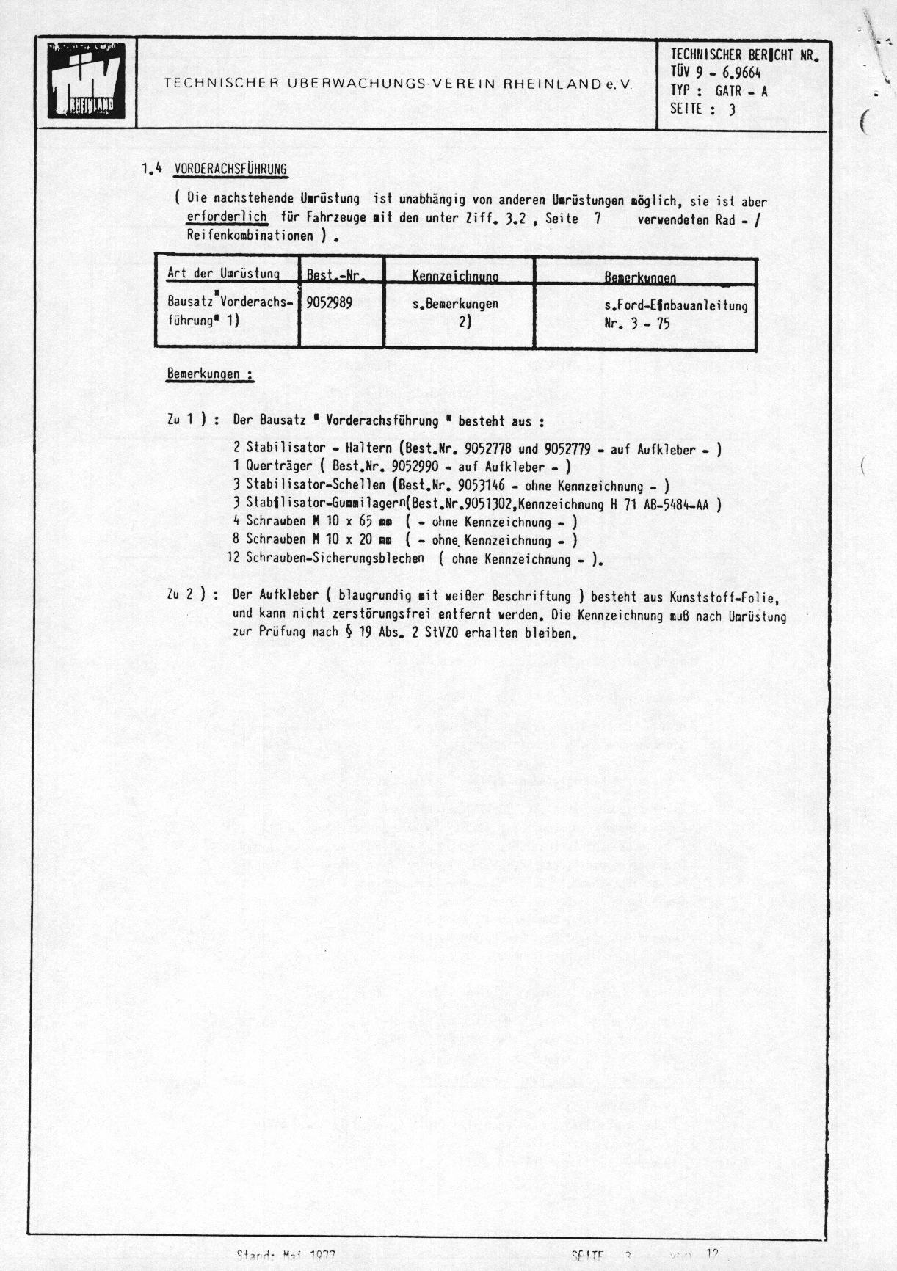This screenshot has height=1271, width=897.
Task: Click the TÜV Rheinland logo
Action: [86, 81]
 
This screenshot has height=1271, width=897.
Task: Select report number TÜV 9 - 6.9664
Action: [716, 73]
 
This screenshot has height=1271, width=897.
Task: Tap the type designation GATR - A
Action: [741, 91]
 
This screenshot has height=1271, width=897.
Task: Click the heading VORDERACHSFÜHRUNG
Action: [230, 170]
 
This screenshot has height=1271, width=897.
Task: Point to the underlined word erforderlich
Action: [227, 218]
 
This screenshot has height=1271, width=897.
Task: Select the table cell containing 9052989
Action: [329, 303]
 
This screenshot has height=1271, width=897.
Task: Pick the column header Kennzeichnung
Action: [455, 276]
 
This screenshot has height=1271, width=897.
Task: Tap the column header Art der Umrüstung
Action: [223, 273]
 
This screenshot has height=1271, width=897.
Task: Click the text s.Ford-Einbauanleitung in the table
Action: [676, 305]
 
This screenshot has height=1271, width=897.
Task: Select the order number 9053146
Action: [482, 485]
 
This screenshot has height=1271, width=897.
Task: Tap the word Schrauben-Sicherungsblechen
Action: [335, 558]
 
